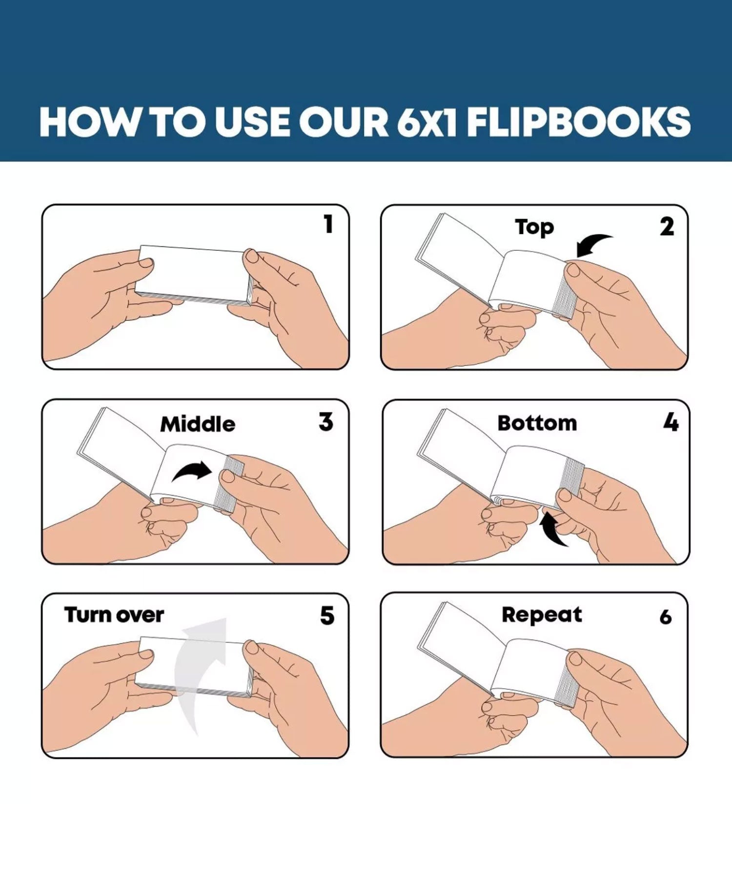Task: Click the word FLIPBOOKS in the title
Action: pyautogui.click(x=579, y=121)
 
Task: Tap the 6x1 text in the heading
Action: pyautogui.click(x=427, y=122)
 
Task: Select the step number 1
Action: pyautogui.click(x=328, y=224)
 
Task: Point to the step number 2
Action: pyautogui.click(x=667, y=227)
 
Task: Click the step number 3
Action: pyautogui.click(x=326, y=422)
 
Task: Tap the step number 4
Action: pyautogui.click(x=671, y=422)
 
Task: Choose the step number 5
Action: pyautogui.click(x=327, y=616)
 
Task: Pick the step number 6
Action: pyautogui.click(x=666, y=618)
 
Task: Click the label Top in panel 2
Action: pyautogui.click(x=534, y=228)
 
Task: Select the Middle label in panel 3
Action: pyautogui.click(x=198, y=424)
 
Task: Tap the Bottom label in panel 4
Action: pyautogui.click(x=537, y=423)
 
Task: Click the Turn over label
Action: pyautogui.click(x=114, y=615)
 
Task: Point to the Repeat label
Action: pyautogui.click(x=542, y=616)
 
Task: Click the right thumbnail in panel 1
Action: pyautogui.click(x=252, y=255)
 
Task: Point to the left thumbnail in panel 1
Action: pyautogui.click(x=146, y=263)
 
